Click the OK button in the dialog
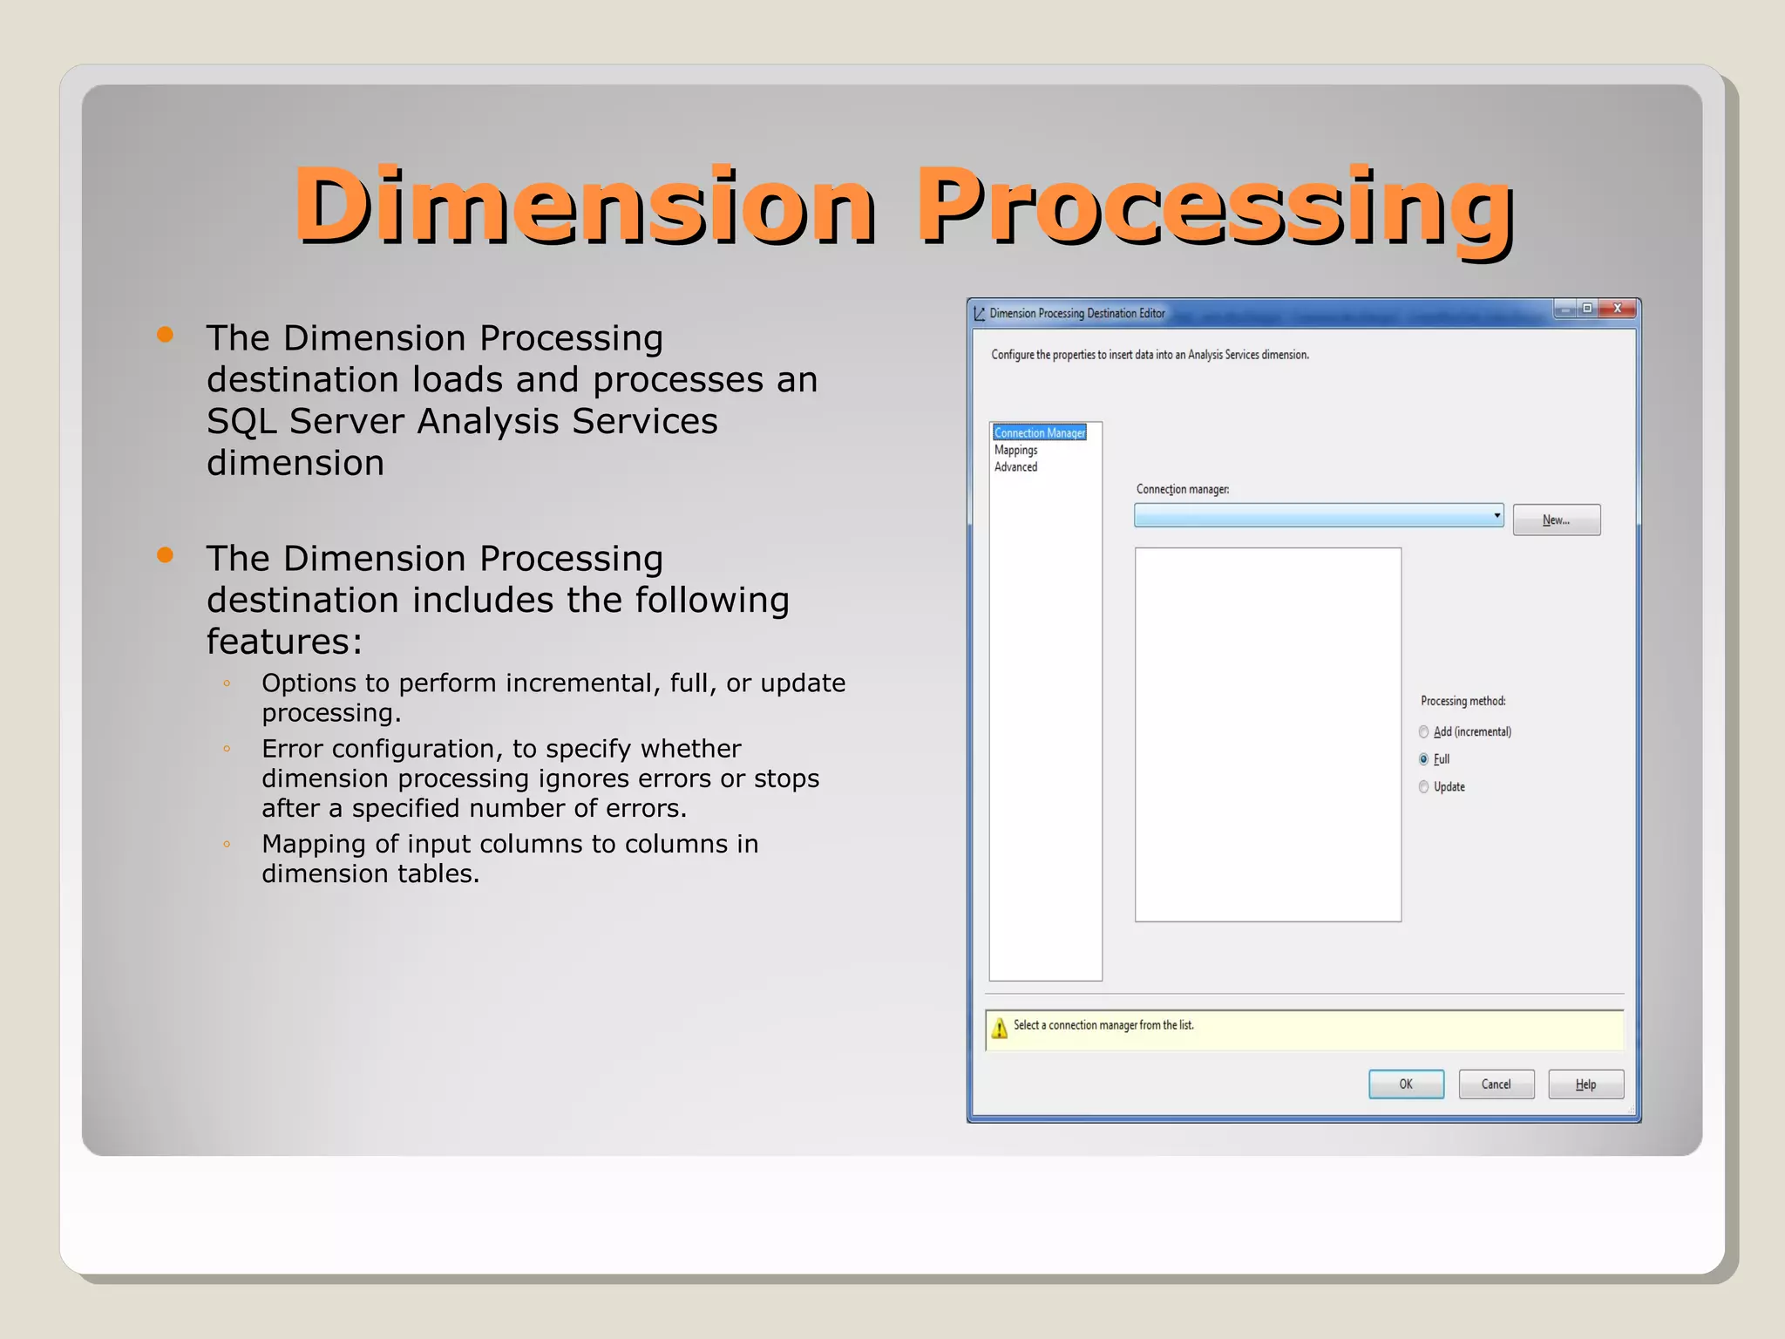click(x=1406, y=1084)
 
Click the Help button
click(x=1585, y=1084)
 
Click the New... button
click(x=1556, y=520)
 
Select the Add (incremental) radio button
click(x=1423, y=731)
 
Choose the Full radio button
click(x=1423, y=759)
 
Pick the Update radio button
click(x=1423, y=786)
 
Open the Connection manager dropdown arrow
click(x=1497, y=515)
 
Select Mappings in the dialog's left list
click(x=1015, y=450)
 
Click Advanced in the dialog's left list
click(x=1015, y=466)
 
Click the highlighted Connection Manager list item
click(x=1039, y=432)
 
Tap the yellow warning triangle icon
click(x=1000, y=1029)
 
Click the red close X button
click(x=1618, y=309)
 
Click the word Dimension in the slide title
click(x=584, y=206)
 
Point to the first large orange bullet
click(x=165, y=335)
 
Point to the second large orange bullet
click(x=165, y=555)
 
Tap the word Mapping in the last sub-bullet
click(x=314, y=844)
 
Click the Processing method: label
click(x=1463, y=701)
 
